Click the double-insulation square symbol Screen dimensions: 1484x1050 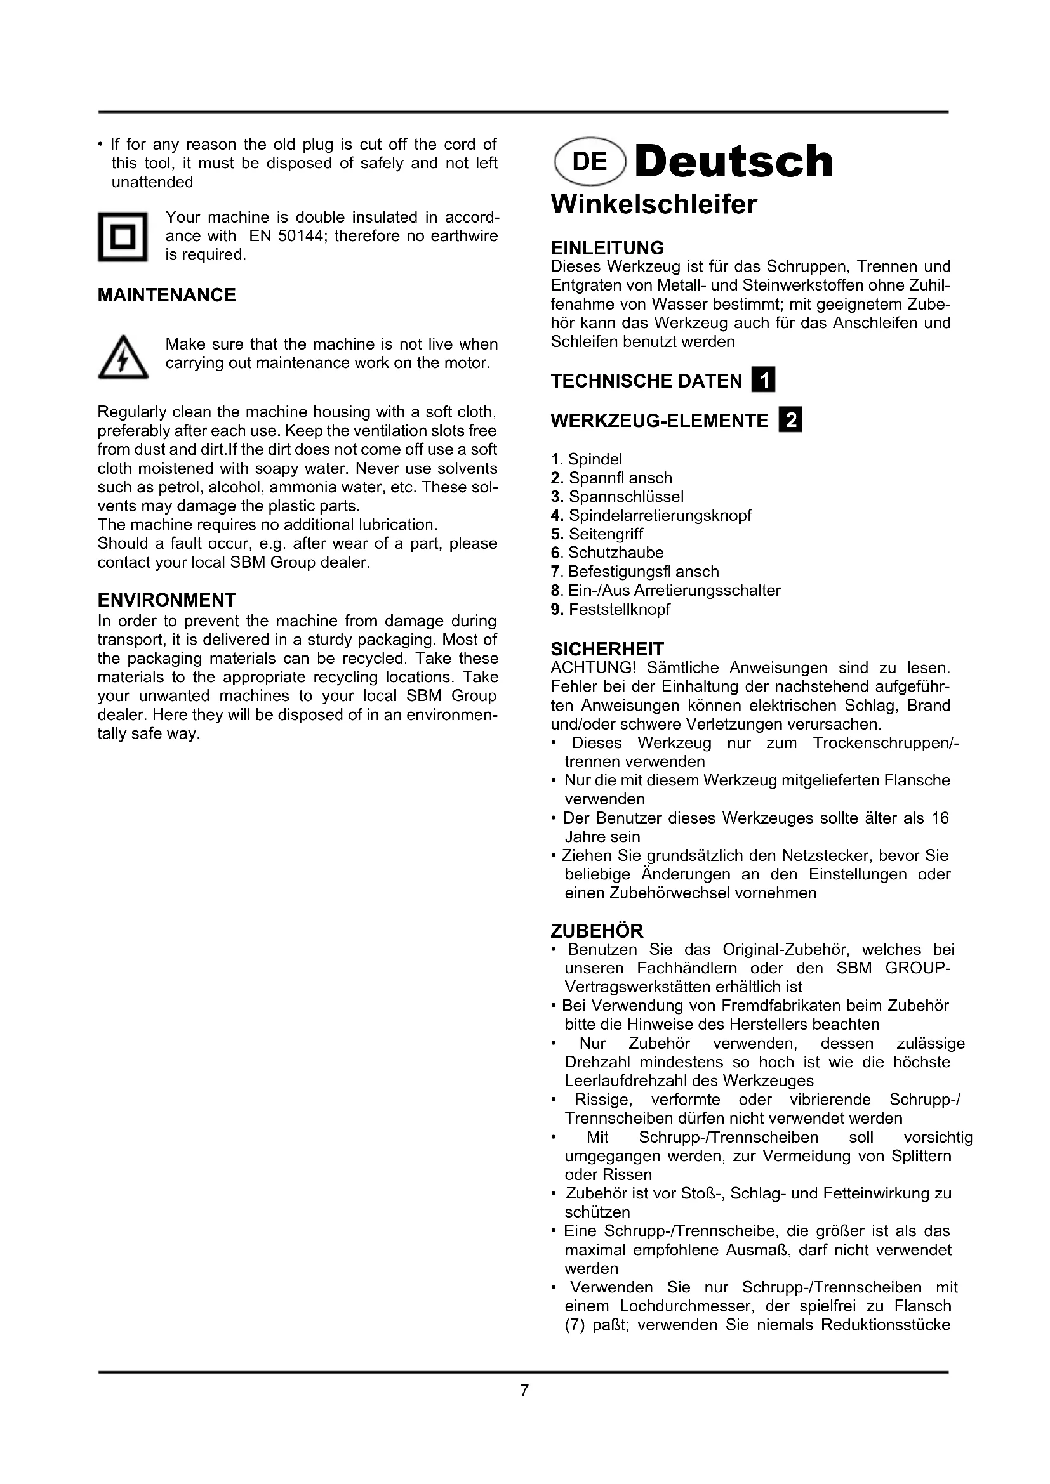[x=123, y=237]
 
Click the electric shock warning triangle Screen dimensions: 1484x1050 [x=123, y=358]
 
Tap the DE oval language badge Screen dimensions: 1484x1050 [x=590, y=162]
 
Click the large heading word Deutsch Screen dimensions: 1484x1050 [x=734, y=162]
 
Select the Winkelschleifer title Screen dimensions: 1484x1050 [x=653, y=205]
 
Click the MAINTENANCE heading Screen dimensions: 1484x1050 [x=167, y=296]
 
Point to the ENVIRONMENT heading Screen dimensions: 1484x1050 [x=167, y=600]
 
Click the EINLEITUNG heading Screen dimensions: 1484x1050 [x=607, y=248]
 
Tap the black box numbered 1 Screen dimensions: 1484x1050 [x=763, y=381]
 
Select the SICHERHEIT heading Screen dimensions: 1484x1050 [x=607, y=649]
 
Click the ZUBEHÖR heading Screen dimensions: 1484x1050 [x=597, y=931]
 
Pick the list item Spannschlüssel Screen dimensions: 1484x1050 [x=626, y=496]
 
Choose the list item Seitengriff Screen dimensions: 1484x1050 [x=606, y=534]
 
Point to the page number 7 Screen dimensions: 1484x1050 [x=524, y=1389]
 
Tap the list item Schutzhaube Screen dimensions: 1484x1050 [x=616, y=553]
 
